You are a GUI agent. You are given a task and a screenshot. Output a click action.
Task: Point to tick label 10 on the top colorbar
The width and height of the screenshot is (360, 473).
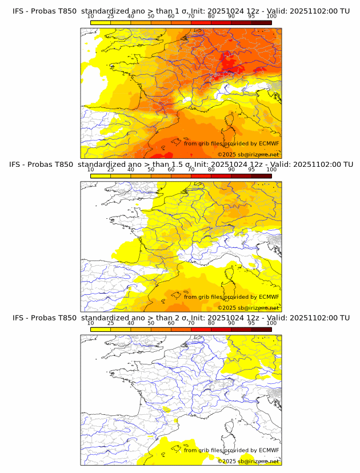(x=91, y=16)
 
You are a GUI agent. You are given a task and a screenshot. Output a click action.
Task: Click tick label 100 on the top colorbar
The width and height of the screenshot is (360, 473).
(x=271, y=16)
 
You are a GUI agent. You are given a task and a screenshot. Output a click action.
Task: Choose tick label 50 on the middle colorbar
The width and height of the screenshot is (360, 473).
(x=151, y=170)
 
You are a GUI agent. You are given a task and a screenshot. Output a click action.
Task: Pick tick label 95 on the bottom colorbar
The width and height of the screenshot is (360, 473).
(x=251, y=323)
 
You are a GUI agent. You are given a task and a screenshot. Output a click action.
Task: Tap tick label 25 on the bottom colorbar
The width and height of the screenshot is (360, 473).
(x=111, y=323)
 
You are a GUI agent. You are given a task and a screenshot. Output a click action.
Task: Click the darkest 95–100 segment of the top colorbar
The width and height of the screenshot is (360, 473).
(x=261, y=22)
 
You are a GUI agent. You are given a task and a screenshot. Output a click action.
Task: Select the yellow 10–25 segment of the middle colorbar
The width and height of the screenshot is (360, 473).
(x=101, y=176)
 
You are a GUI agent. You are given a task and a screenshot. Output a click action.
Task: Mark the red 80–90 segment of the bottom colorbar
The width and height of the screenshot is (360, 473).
(x=221, y=329)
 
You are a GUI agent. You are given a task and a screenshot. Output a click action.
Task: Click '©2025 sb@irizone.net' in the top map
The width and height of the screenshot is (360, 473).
(x=249, y=155)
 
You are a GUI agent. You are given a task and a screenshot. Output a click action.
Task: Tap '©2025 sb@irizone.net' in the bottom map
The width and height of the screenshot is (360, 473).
(x=249, y=461)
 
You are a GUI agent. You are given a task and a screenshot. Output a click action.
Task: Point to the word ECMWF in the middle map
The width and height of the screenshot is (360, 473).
(x=269, y=296)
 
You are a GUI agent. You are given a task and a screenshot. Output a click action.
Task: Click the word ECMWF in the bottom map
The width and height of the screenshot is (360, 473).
(x=269, y=450)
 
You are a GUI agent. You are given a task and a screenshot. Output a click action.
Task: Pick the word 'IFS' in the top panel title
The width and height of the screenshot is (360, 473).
(x=19, y=11)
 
